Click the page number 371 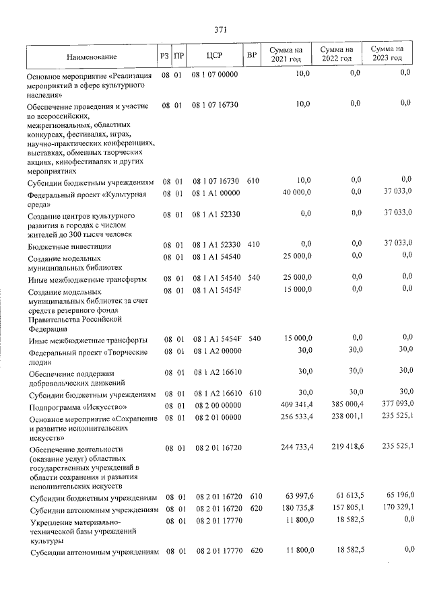220,29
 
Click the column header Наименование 92,56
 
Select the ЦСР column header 215,55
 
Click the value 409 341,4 295,404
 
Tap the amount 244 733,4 295,447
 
